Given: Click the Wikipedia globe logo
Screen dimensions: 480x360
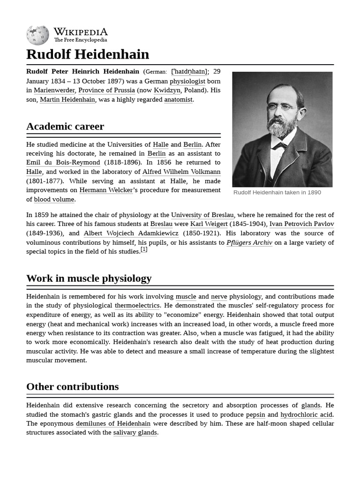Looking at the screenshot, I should (37, 35).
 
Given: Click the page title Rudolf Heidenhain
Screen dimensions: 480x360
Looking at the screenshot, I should (88, 54).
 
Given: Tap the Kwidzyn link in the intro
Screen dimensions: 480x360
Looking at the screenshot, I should (167, 90).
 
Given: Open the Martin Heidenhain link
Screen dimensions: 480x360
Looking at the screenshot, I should (67, 99).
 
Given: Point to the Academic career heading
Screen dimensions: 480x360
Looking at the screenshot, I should (65, 127).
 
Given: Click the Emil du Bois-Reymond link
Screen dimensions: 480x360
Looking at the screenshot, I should (63, 163).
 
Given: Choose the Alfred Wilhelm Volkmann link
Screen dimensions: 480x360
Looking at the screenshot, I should (181, 172).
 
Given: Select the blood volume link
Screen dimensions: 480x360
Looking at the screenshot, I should (54, 199).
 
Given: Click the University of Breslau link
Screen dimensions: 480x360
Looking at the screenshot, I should (202, 215).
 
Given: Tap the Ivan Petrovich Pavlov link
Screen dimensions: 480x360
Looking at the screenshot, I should (301, 224).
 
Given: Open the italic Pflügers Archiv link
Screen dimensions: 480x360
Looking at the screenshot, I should (249, 242).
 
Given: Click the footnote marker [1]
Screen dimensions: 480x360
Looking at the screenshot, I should (144, 250).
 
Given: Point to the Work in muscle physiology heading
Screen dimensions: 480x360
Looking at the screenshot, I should (89, 278).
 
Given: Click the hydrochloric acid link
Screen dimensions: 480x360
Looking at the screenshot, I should (307, 415).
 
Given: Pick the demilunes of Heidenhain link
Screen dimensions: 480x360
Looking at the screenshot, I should (113, 424).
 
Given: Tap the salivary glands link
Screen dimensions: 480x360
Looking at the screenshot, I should (135, 433).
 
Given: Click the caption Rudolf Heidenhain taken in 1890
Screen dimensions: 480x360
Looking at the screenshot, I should (277, 193).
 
